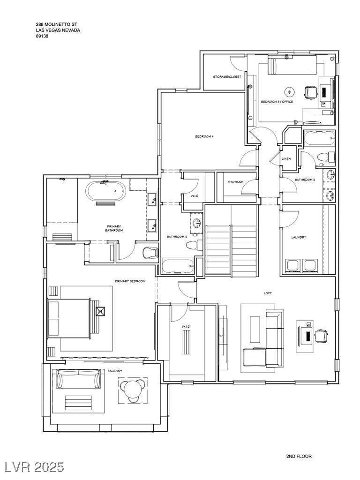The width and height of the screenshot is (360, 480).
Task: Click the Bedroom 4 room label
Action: click(x=204, y=136)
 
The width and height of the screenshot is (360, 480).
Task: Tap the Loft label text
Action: click(x=268, y=293)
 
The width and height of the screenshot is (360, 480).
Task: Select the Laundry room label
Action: click(x=299, y=237)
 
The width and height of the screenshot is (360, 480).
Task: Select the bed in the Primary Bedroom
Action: click(x=70, y=318)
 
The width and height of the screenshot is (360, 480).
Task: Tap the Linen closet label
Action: click(x=286, y=159)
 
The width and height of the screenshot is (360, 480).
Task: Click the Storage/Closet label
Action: click(x=227, y=77)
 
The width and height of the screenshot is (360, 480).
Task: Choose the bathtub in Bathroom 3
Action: click(x=319, y=139)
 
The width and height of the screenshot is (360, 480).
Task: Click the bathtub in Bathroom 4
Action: click(x=178, y=266)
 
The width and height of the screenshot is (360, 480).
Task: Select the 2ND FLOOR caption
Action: click(x=299, y=457)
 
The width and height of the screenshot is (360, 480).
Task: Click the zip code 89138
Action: click(x=42, y=36)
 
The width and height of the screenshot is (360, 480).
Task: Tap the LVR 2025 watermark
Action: click(x=32, y=467)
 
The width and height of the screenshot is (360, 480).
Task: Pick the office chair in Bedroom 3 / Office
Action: click(x=311, y=92)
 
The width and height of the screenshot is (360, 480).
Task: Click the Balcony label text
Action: click(x=115, y=371)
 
